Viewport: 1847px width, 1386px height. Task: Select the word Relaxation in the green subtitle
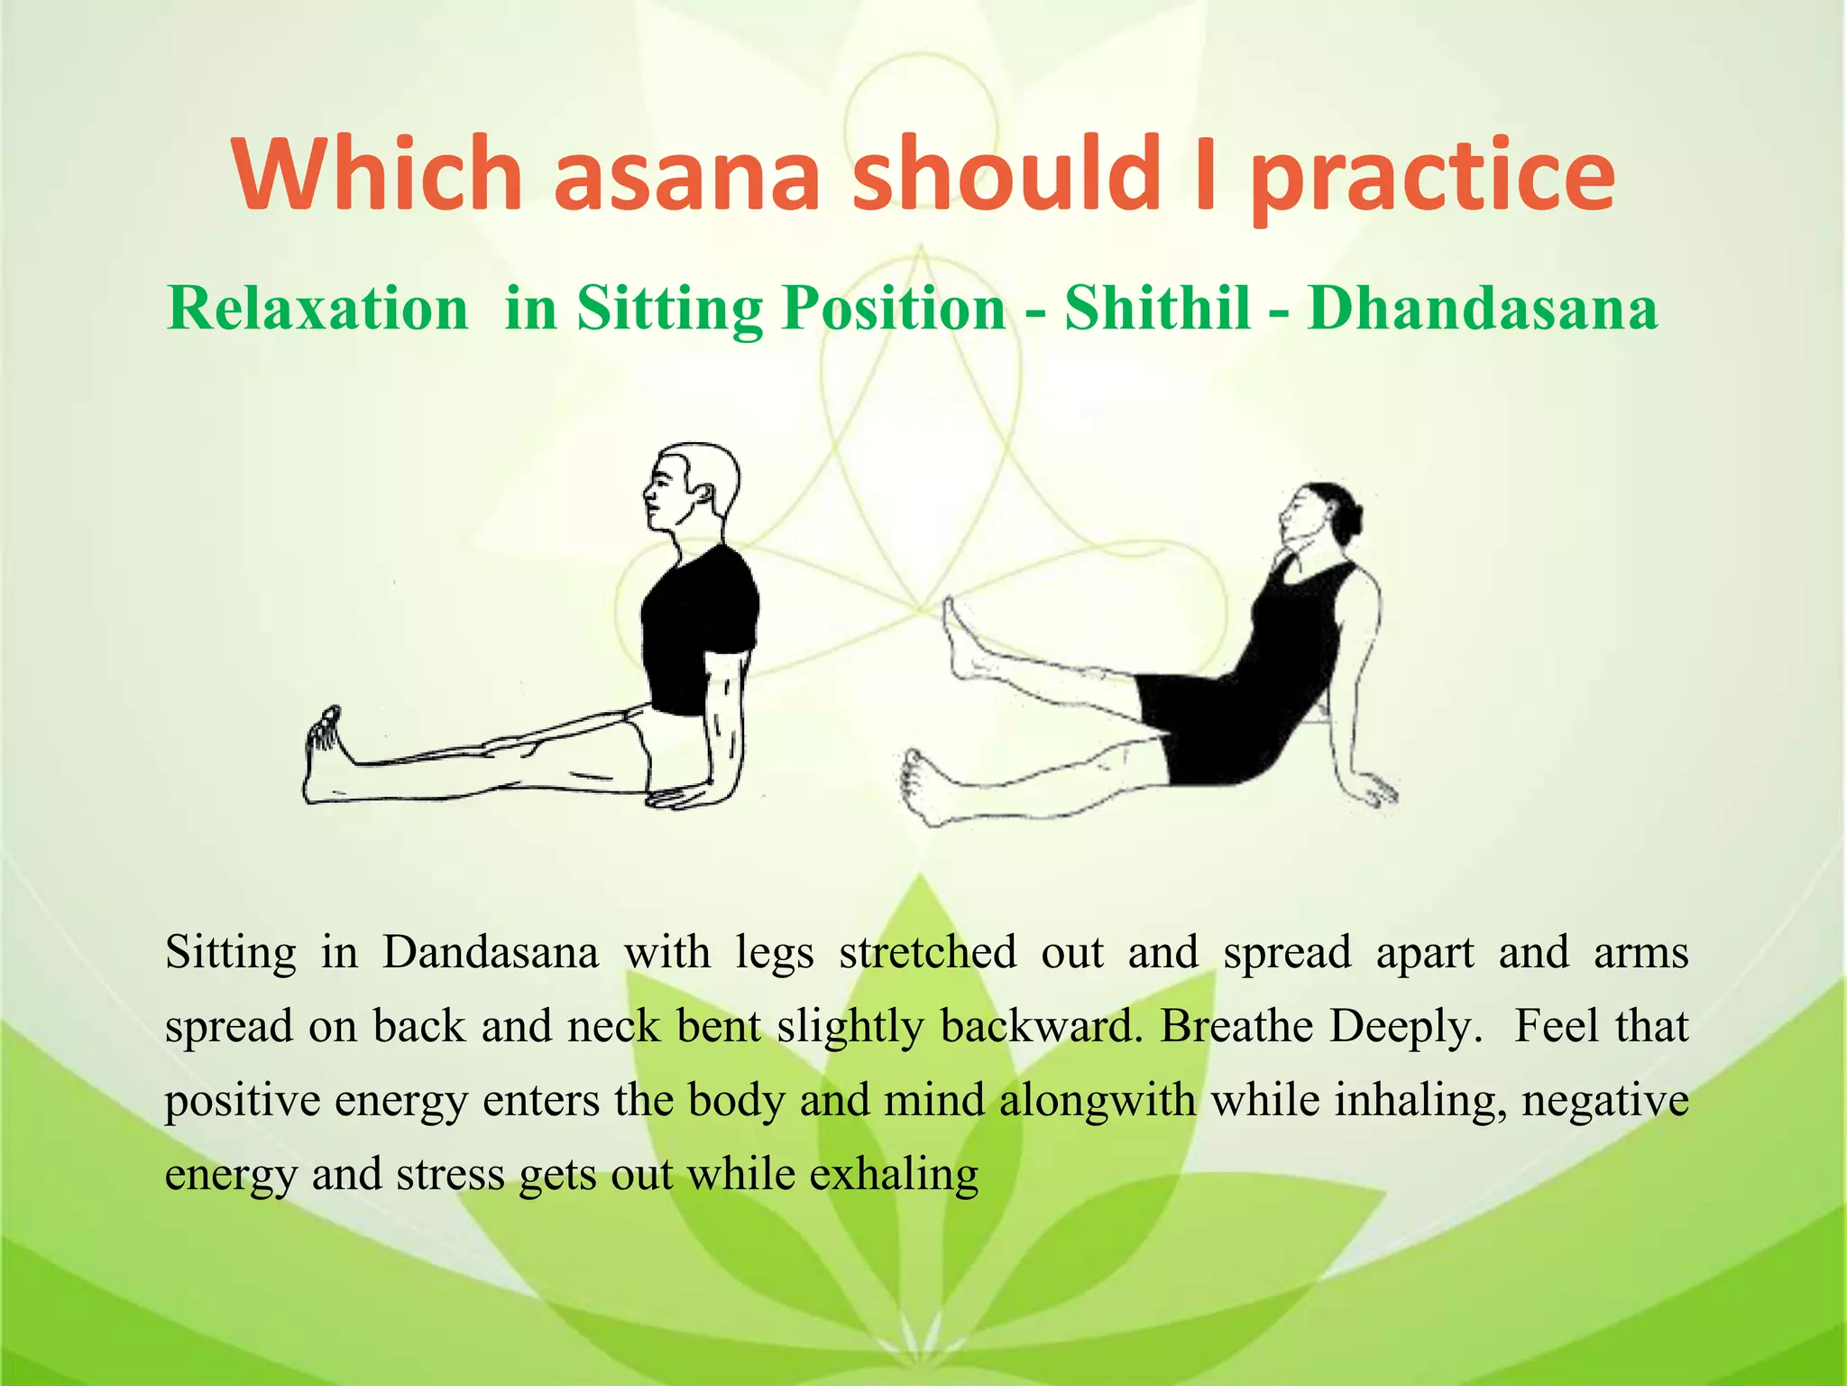317,309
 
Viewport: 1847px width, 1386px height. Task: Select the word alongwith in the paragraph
1097,1100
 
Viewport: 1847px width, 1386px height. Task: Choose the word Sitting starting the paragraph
230,952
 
